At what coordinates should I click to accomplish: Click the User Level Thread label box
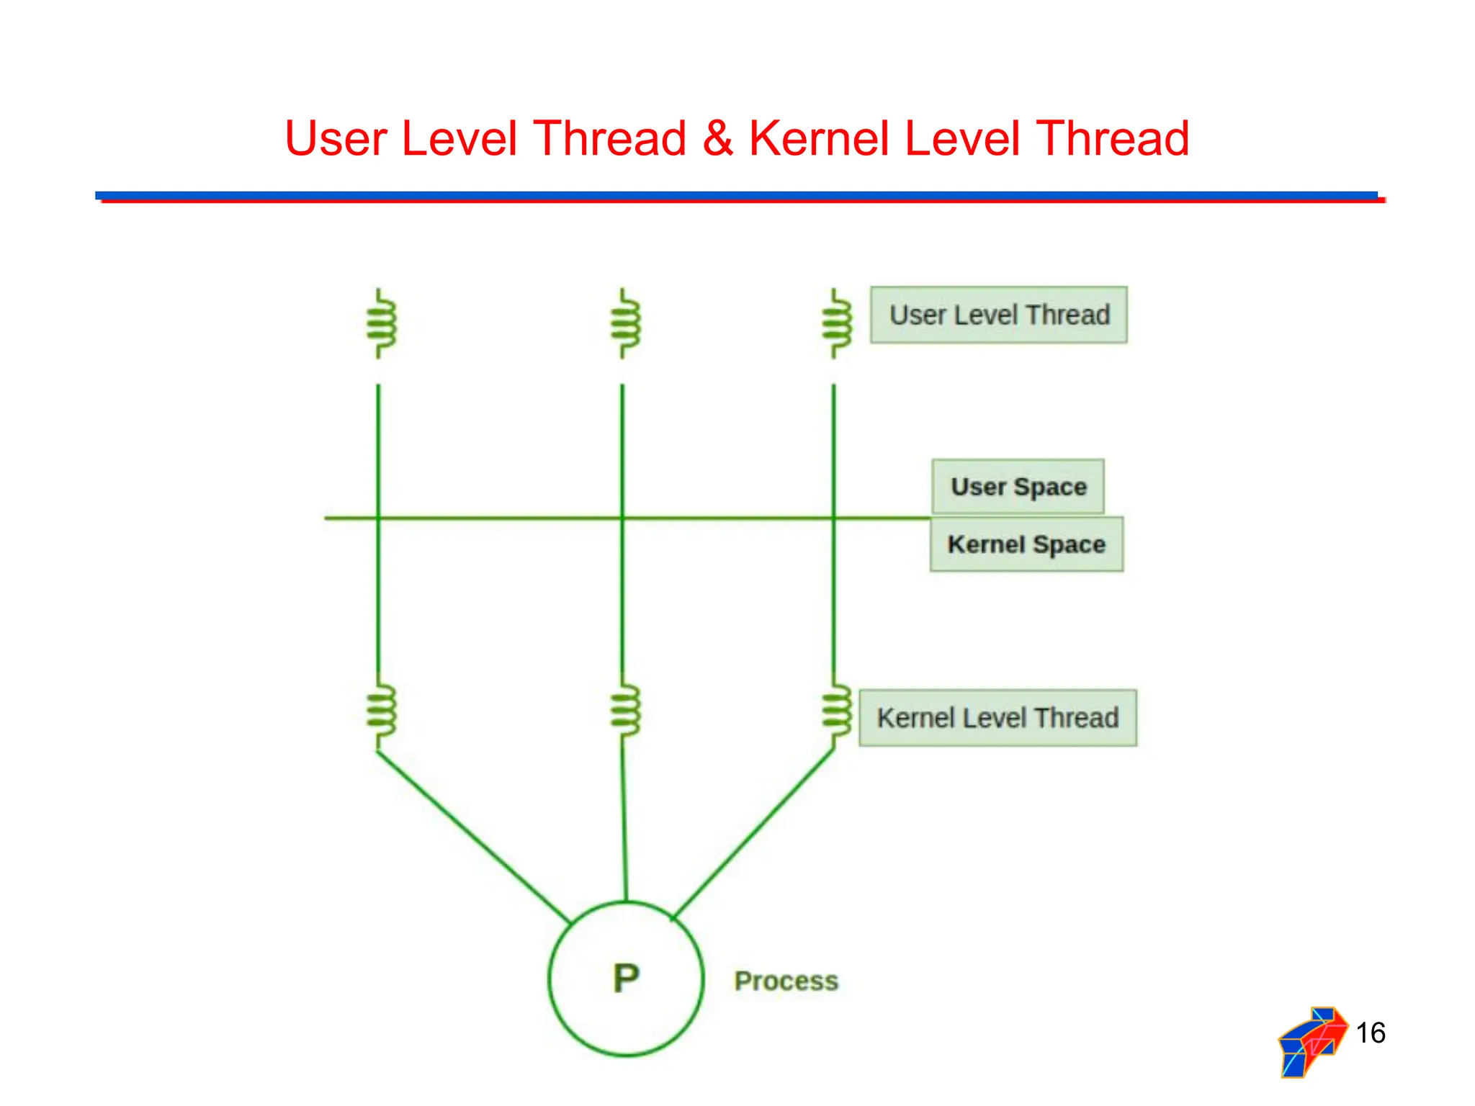click(x=998, y=315)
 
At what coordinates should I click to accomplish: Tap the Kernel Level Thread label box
click(x=997, y=718)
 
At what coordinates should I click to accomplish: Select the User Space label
click(x=1018, y=487)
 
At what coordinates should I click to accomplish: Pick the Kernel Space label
click(x=1026, y=544)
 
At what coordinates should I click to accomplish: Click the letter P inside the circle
click(x=626, y=979)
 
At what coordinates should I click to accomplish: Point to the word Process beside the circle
click(x=786, y=981)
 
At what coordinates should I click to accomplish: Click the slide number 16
click(x=1370, y=1033)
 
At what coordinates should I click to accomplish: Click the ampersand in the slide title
click(x=717, y=138)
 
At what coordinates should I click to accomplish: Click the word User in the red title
click(x=336, y=138)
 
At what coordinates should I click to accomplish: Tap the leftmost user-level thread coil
click(x=380, y=323)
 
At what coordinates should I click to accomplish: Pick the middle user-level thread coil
click(x=624, y=323)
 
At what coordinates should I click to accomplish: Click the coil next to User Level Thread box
click(x=836, y=323)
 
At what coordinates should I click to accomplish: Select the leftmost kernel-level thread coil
click(x=380, y=710)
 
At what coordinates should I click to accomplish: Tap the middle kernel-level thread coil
click(x=624, y=710)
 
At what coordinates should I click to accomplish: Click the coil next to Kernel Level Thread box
click(x=836, y=710)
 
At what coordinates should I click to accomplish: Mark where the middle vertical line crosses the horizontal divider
click(x=623, y=518)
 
